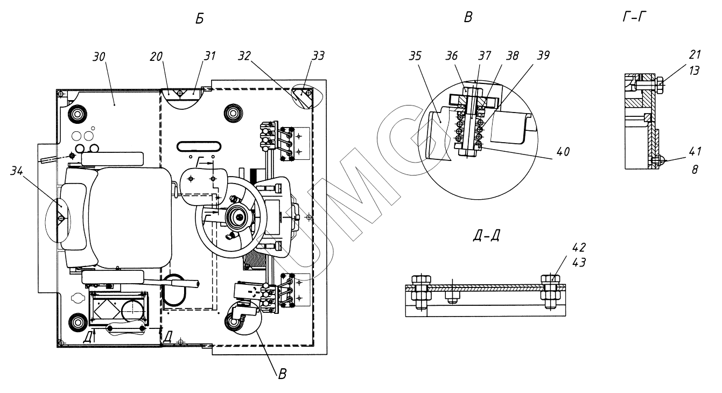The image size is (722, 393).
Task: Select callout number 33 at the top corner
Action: coord(320,55)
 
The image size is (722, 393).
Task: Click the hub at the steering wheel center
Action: coord(237,216)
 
